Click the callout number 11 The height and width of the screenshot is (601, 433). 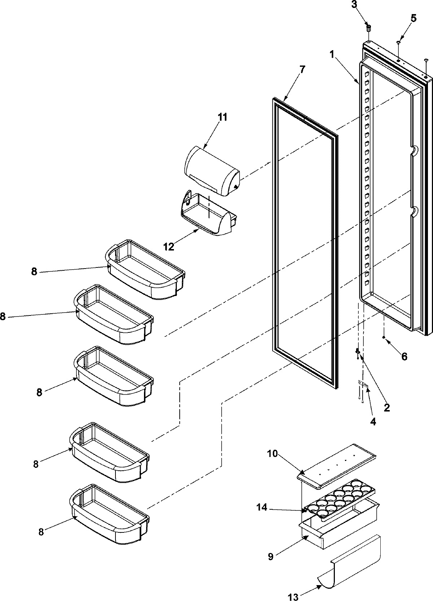pyautogui.click(x=222, y=117)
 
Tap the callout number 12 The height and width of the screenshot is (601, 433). pyautogui.click(x=169, y=247)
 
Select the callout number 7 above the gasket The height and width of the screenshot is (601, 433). pyautogui.click(x=302, y=69)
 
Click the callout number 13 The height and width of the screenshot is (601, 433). pyautogui.click(x=294, y=598)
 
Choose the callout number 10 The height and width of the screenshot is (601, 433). pyautogui.click(x=272, y=453)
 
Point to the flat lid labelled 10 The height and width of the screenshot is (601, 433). pyautogui.click(x=336, y=466)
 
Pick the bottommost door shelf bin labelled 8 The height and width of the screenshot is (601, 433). pyautogui.click(x=110, y=514)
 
